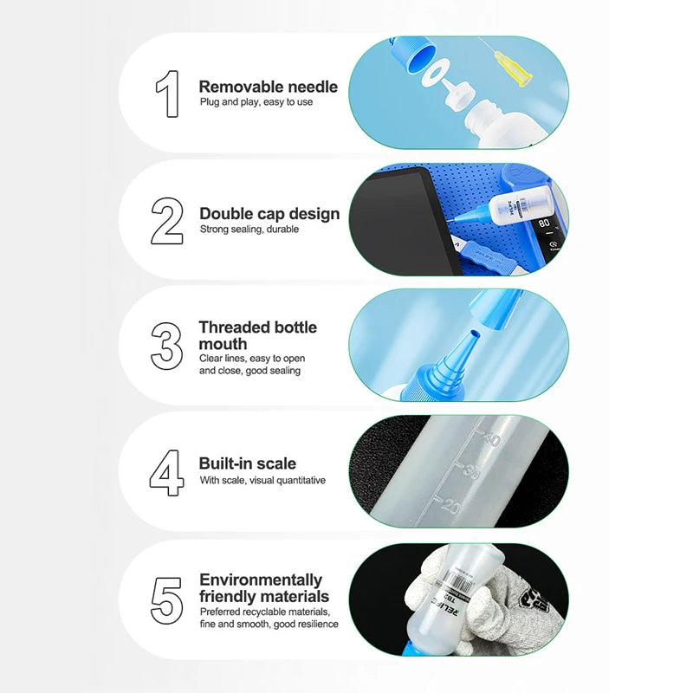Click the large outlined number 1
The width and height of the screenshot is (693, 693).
pos(168,94)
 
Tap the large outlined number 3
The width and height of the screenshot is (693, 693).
pos(167,346)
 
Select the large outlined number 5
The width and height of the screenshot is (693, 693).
pos(167,599)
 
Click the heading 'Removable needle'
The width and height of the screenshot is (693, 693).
pos(269,87)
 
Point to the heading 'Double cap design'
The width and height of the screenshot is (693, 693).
pos(269,213)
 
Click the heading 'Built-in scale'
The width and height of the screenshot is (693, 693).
pos(248,463)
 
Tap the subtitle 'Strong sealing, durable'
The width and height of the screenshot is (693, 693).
pos(249,230)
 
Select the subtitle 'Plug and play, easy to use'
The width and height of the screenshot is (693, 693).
pos(256,102)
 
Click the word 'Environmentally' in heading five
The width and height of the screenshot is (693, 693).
pos(261,580)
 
